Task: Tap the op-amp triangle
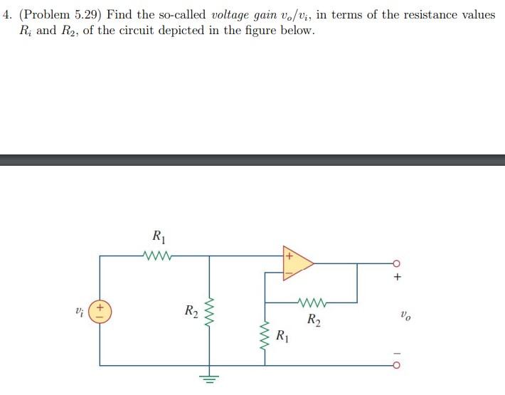click(x=297, y=262)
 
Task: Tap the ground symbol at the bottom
click(x=210, y=376)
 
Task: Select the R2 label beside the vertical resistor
click(x=191, y=310)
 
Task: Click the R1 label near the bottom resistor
click(x=282, y=335)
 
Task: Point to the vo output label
click(x=405, y=313)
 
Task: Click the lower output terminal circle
click(x=398, y=367)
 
